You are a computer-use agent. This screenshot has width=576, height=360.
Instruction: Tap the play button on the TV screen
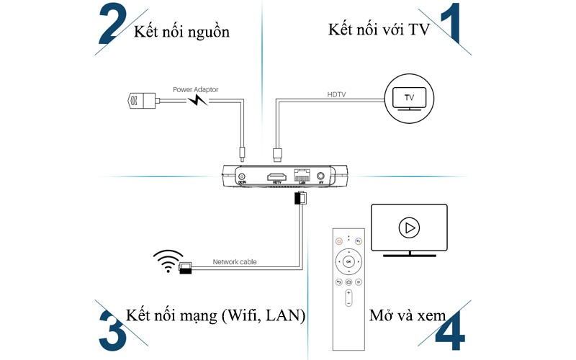(x=409, y=228)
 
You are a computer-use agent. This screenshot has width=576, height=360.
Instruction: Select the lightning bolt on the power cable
(x=197, y=101)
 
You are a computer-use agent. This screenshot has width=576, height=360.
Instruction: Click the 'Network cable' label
(x=234, y=262)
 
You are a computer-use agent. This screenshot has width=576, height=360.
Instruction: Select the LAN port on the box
(x=301, y=176)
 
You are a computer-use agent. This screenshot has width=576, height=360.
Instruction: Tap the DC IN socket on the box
(x=242, y=176)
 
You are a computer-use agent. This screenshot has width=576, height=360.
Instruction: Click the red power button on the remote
(x=338, y=242)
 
